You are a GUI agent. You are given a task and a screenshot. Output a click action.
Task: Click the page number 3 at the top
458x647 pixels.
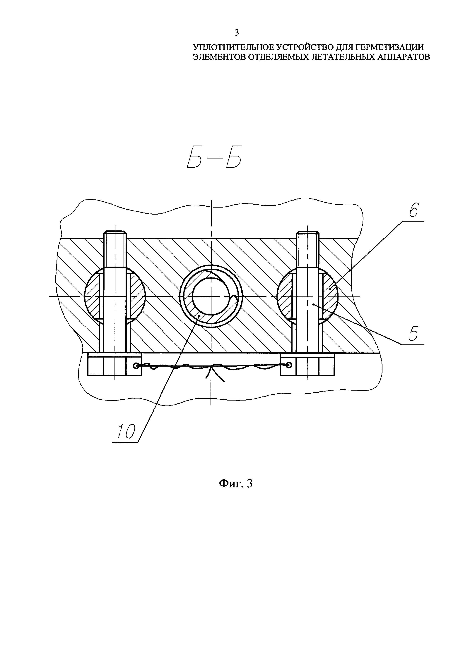pos(237,33)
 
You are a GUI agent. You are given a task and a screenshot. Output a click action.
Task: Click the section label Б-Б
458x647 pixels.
pos(215,161)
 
